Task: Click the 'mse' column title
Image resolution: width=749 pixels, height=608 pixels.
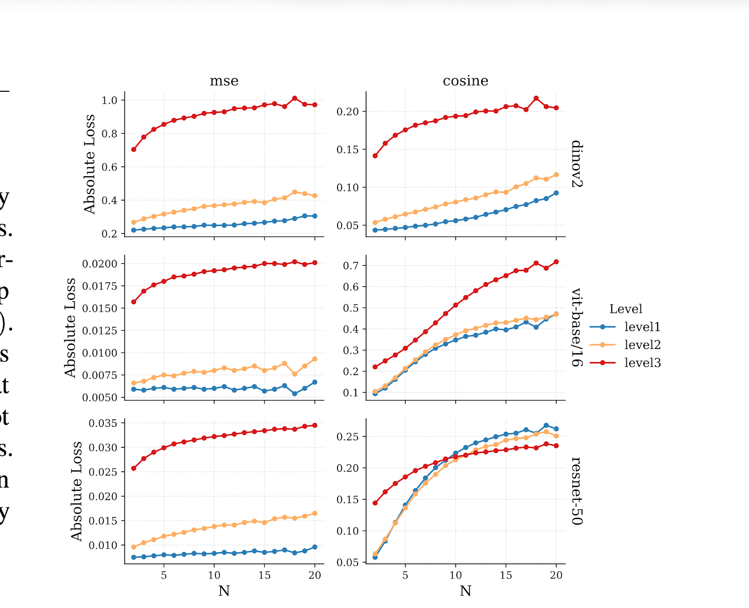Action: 224,81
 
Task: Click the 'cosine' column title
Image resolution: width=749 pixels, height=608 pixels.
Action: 465,81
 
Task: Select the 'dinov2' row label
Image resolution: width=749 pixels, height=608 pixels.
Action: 577,163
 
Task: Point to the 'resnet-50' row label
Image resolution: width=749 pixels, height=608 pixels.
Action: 577,491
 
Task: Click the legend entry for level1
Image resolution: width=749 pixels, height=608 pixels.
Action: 642,327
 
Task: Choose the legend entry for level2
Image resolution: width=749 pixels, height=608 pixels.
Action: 642,345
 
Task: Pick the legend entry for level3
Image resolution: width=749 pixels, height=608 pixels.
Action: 642,363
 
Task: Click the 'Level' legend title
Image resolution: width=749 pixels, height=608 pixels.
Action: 625,309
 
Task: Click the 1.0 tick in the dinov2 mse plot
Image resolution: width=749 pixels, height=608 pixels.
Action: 110,100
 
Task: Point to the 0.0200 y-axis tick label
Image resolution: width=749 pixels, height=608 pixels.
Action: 100,264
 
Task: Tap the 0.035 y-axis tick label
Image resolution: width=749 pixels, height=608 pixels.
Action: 103,423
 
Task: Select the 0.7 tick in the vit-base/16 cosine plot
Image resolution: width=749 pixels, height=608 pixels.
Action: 351,266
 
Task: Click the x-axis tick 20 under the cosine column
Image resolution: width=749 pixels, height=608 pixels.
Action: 556,575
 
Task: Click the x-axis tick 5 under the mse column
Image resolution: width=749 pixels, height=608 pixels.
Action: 164,575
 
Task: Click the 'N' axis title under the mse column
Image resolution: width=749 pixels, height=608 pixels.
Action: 224,591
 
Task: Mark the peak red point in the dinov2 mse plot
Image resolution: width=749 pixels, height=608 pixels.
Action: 294,98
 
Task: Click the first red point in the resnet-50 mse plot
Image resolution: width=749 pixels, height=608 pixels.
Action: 134,468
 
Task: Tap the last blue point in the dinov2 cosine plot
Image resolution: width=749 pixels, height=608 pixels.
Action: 556,193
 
